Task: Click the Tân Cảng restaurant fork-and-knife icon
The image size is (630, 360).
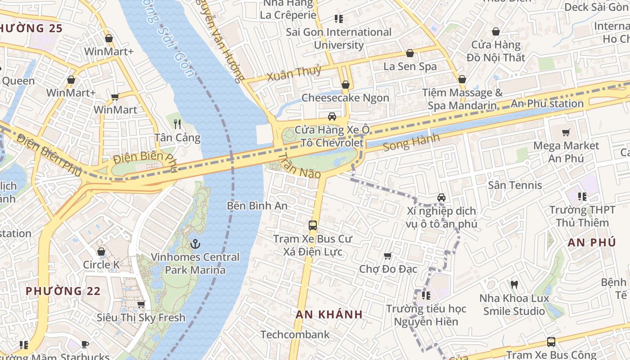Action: click(177, 124)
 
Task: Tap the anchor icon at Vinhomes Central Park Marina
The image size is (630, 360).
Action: click(195, 244)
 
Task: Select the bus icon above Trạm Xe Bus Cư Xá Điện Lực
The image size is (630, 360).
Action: click(313, 225)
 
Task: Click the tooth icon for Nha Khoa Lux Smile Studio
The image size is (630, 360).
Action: click(514, 284)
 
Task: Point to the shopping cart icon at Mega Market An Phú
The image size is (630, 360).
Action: click(566, 132)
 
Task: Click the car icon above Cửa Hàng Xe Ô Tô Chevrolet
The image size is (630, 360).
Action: click(332, 117)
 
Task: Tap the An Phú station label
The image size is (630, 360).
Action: click(547, 103)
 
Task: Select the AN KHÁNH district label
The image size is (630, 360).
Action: click(329, 314)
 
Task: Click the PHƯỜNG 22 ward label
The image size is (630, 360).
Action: click(63, 291)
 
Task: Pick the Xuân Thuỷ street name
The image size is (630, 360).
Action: click(294, 72)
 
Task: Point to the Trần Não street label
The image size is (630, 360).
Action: click(299, 166)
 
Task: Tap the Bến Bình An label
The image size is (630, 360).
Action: click(257, 206)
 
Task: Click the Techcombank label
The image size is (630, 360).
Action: click(295, 334)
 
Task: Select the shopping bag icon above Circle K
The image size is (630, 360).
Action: click(101, 252)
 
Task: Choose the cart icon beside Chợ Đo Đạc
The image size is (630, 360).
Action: click(388, 256)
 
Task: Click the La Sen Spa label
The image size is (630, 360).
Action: click(410, 66)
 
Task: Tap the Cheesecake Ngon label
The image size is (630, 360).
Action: click(345, 98)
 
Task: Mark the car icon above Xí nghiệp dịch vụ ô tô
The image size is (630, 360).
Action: click(441, 198)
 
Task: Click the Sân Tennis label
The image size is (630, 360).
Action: click(515, 185)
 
